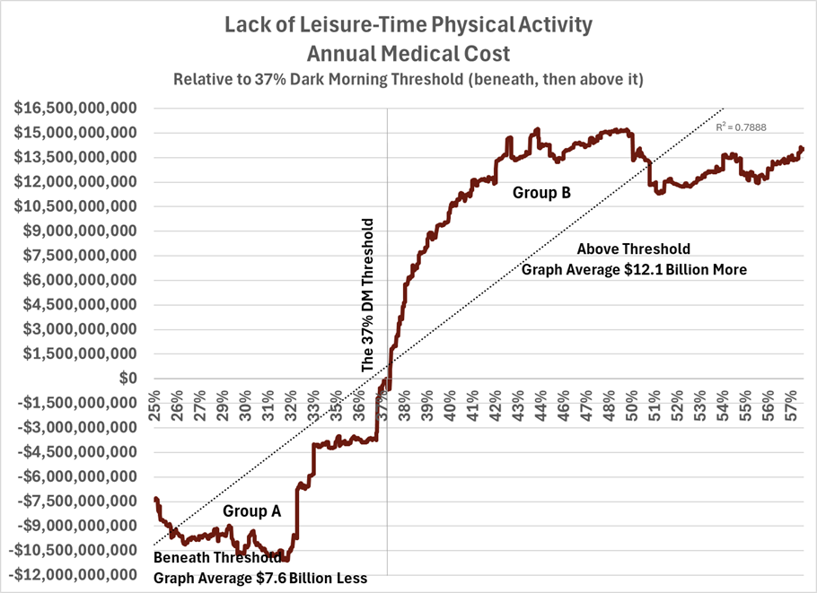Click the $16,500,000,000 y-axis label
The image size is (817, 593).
point(75,109)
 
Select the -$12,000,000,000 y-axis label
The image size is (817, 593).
point(71,575)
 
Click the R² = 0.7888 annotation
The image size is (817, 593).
point(741,128)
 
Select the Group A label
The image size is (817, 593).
point(252,511)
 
